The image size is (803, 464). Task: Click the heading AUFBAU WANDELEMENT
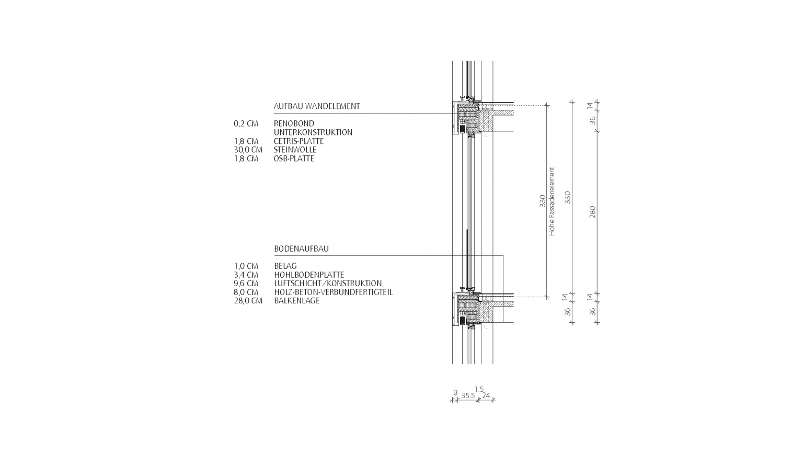(x=317, y=106)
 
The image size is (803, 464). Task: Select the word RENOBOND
(x=294, y=124)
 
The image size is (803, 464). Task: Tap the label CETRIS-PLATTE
(x=299, y=141)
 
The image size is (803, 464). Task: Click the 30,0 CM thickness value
(x=248, y=150)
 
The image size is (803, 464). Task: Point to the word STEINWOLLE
(x=295, y=150)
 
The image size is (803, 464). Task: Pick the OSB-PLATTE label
(x=294, y=159)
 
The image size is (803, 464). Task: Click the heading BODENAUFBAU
(x=301, y=249)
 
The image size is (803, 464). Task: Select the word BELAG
(x=285, y=266)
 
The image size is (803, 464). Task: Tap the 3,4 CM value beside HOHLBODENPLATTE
(x=246, y=275)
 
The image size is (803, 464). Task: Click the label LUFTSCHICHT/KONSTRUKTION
(x=327, y=284)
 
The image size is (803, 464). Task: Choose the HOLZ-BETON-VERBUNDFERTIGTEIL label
(x=333, y=292)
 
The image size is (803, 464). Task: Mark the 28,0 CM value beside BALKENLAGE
(x=248, y=301)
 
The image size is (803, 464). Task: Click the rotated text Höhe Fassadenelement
(x=552, y=201)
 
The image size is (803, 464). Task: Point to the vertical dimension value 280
(x=593, y=212)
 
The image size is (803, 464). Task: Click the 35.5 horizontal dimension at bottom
(x=468, y=396)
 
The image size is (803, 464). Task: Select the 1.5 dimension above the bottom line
(x=479, y=389)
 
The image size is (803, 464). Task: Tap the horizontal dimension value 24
(x=486, y=395)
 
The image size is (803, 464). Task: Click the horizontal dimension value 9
(x=455, y=392)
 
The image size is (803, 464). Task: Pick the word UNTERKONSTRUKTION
(x=313, y=133)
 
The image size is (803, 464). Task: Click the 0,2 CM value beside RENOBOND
(x=246, y=124)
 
